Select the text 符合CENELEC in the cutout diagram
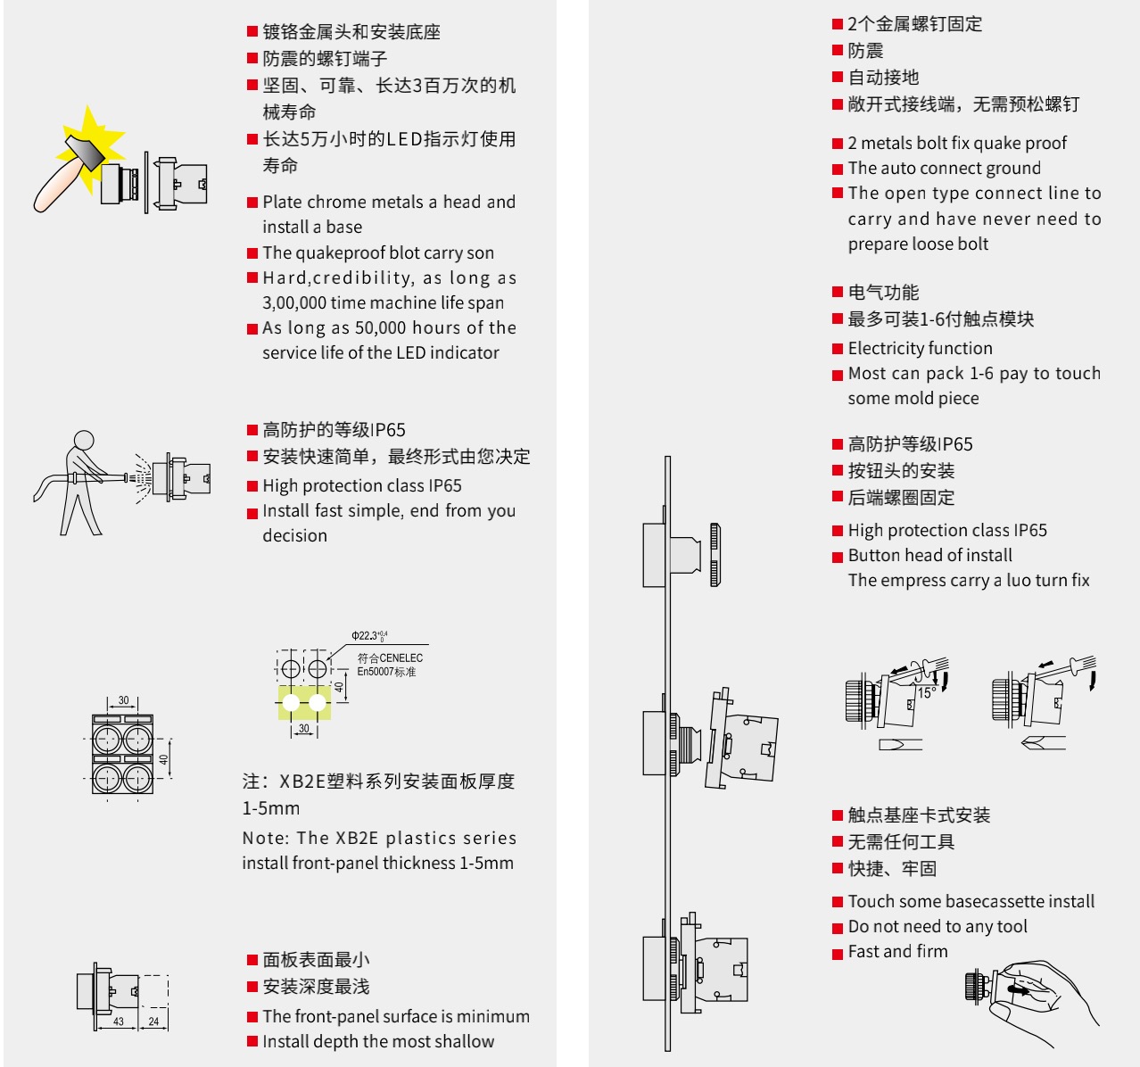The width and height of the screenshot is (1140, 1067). pyautogui.click(x=390, y=658)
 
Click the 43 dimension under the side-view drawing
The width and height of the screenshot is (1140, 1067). pyautogui.click(x=119, y=1022)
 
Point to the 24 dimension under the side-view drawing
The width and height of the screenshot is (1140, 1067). pyautogui.click(x=153, y=1022)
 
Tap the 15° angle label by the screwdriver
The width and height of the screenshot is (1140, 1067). pyautogui.click(x=927, y=692)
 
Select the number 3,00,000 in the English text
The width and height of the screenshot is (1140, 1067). pyautogui.click(x=294, y=303)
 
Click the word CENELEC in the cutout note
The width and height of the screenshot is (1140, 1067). pyautogui.click(x=401, y=658)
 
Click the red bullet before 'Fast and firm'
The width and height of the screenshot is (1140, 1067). pyautogui.click(x=838, y=954)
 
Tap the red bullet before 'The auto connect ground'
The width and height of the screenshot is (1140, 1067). pyautogui.click(x=838, y=170)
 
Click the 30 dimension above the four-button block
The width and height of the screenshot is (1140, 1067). pyautogui.click(x=123, y=701)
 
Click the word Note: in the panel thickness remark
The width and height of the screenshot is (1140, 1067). pyautogui.click(x=265, y=839)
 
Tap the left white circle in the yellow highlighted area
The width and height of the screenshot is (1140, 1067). pyautogui.click(x=291, y=703)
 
